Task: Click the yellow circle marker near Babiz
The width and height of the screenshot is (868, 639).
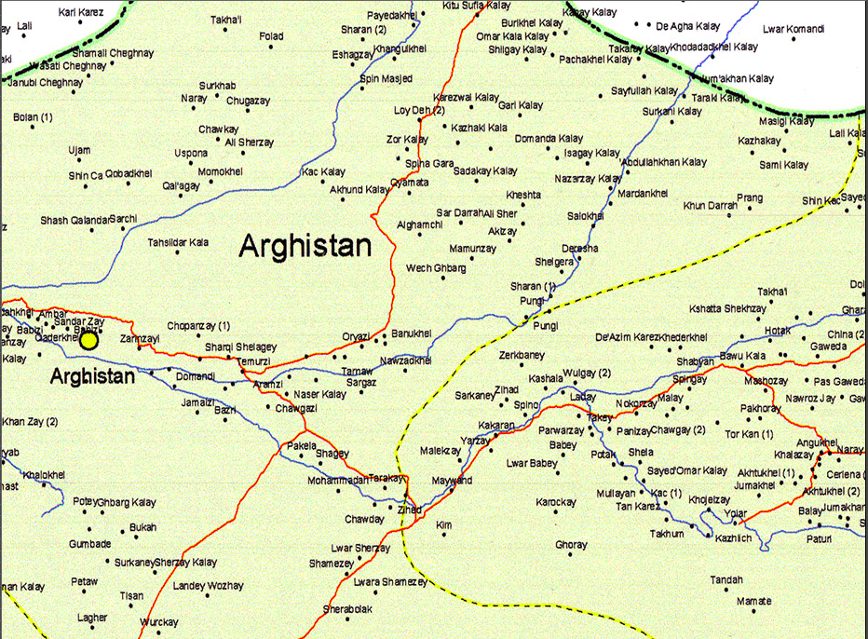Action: tap(88, 341)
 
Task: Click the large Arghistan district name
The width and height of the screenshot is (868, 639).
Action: tap(305, 246)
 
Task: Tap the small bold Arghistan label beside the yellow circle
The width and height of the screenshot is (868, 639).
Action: tap(92, 376)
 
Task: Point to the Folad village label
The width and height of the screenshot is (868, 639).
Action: tap(271, 36)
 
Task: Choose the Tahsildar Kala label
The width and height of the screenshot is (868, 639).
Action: tap(178, 242)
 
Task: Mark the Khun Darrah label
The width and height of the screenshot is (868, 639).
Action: tap(710, 205)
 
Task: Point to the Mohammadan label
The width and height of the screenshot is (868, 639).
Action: tap(338, 481)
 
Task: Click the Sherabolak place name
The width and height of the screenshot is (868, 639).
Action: tap(347, 609)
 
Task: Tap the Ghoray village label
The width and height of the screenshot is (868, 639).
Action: tap(571, 545)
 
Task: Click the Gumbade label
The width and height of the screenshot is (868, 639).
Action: tap(89, 544)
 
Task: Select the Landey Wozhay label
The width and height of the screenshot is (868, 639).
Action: tap(208, 586)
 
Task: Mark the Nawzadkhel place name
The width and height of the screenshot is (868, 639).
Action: tap(406, 360)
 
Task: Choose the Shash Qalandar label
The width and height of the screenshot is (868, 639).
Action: tap(74, 220)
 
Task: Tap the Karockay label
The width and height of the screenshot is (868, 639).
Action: tap(556, 503)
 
